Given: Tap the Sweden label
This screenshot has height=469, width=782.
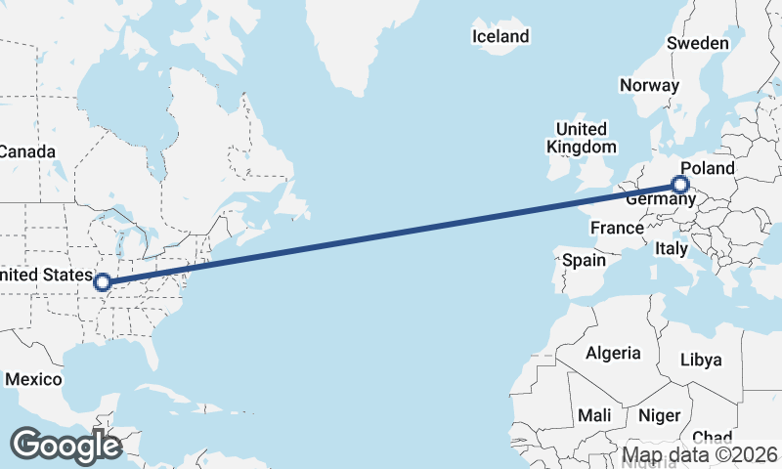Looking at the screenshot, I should (x=697, y=43).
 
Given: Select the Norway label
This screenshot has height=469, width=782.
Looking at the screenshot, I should (x=649, y=85).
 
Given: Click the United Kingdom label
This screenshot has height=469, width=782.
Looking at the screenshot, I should (x=582, y=138).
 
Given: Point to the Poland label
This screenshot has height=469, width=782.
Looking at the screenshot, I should (x=707, y=168).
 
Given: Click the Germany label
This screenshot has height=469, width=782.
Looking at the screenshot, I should (x=660, y=199).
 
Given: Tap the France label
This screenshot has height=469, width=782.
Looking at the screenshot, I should (x=617, y=229).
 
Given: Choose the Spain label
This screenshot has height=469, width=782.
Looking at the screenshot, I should (x=585, y=261).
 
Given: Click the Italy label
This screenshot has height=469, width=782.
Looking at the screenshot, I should (x=672, y=249).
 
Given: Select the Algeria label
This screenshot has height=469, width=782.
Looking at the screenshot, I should (x=613, y=353).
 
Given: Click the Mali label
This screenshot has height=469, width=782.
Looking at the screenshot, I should (x=594, y=415).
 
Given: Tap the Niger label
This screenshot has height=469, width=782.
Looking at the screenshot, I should (x=659, y=415).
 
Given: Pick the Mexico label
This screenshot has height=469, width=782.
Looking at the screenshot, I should (x=33, y=378).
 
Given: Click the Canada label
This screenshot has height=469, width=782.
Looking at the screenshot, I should (x=27, y=151).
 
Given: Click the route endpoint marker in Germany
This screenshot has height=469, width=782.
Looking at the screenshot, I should (x=680, y=185).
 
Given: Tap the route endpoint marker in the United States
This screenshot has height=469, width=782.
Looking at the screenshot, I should (x=102, y=283).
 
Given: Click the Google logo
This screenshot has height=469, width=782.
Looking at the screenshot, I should (x=65, y=445).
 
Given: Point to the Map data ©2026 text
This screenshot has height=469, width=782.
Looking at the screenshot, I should (x=701, y=455).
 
